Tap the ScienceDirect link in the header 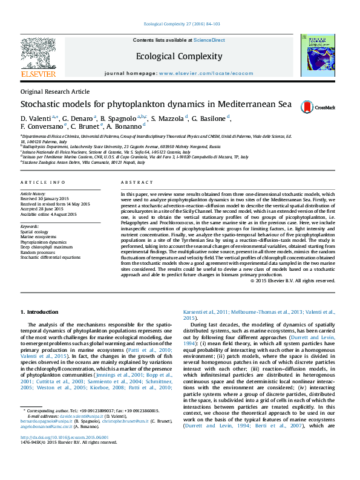click(x=209, y=40)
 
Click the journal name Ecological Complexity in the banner click(x=179, y=57)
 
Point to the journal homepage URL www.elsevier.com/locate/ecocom click(x=206, y=73)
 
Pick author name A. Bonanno click(x=125, y=128)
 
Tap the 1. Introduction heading click(x=39, y=312)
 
